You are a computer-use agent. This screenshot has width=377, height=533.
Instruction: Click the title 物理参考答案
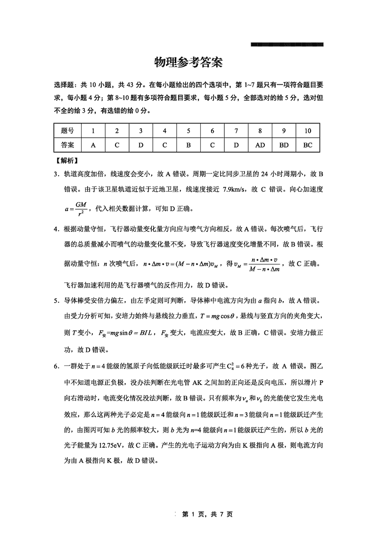(188, 63)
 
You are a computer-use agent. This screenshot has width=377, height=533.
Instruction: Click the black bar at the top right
(287, 45)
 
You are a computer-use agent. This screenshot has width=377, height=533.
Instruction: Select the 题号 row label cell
(68, 131)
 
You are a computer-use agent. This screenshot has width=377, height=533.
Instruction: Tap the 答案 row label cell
(68, 145)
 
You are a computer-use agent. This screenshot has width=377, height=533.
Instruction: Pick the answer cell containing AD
(260, 145)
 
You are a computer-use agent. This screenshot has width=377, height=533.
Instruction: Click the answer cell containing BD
(284, 145)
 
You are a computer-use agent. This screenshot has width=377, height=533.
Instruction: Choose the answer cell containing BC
(308, 145)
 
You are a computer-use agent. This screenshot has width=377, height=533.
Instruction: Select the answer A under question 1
(93, 145)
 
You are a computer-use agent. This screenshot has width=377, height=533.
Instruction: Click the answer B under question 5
(188, 145)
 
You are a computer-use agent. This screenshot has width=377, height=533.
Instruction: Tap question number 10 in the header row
(308, 131)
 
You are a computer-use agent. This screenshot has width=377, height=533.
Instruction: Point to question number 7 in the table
(236, 131)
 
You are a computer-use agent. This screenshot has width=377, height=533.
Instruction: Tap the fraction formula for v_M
(260, 264)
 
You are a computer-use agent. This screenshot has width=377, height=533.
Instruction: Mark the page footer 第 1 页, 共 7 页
(208, 514)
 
